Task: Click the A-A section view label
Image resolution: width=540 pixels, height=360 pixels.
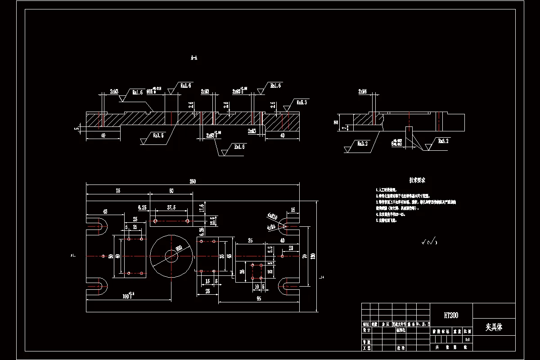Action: [x=194, y=58]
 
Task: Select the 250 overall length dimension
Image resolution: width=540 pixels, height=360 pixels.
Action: [x=193, y=181]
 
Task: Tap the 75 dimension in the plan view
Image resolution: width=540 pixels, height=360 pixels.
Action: [x=117, y=191]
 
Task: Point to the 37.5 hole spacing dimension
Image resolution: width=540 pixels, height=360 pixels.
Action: [x=171, y=207]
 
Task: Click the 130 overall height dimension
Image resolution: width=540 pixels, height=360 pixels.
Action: [x=313, y=256]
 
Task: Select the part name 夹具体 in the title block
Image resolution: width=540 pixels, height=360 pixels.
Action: [x=494, y=327]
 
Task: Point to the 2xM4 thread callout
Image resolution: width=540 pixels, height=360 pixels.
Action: [x=363, y=91]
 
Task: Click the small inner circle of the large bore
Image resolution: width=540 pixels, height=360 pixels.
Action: [x=171, y=256]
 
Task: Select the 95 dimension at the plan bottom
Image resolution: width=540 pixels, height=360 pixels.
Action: [x=259, y=298]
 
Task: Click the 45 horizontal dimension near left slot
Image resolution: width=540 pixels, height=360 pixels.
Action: [x=105, y=211]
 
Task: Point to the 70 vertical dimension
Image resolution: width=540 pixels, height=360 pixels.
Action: [x=305, y=256]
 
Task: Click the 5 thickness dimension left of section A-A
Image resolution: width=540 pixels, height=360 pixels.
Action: [x=77, y=129]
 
